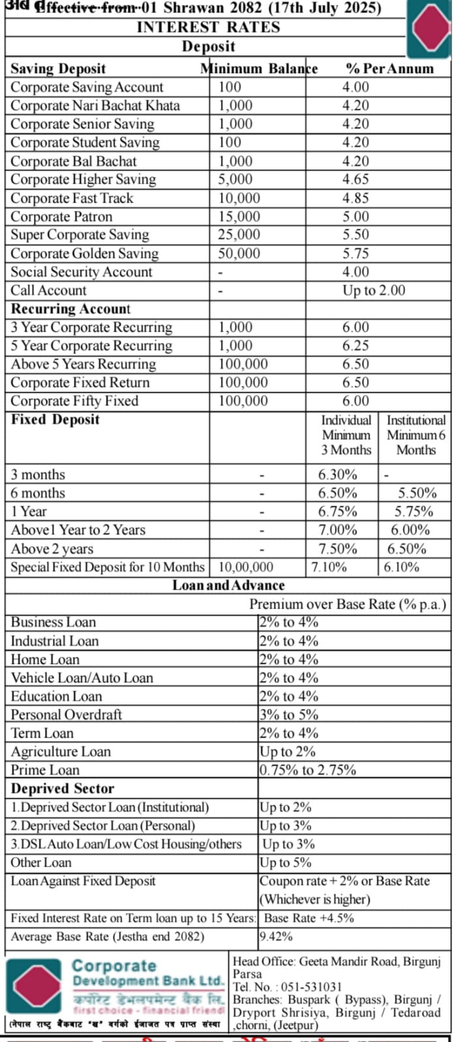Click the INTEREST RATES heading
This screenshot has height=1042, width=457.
pos(208,27)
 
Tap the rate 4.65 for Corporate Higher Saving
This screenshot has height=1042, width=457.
pos(356,179)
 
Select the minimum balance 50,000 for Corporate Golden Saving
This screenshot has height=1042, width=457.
pos(239,253)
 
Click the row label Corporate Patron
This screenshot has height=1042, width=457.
pos(61,216)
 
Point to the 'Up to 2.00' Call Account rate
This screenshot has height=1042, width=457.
pos(374,290)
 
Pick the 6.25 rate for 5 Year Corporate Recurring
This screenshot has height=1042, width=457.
pos(356,345)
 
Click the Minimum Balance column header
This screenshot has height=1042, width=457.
pos(259,68)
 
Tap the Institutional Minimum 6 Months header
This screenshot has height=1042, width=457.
pos(416,435)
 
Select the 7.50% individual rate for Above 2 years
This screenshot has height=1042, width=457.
pos(338,549)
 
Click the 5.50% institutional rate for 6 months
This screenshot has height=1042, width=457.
pos(417,493)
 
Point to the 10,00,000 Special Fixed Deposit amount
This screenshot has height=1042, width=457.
pos(246,567)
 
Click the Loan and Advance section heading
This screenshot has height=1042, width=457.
pos(228,585)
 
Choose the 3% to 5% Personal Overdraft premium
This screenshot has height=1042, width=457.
pos(289,714)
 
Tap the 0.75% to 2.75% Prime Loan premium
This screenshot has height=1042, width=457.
pos(308,770)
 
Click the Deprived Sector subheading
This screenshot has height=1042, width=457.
pos(63,789)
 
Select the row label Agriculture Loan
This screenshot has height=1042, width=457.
pos(61,751)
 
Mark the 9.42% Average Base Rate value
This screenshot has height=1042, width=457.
pos(276,937)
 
